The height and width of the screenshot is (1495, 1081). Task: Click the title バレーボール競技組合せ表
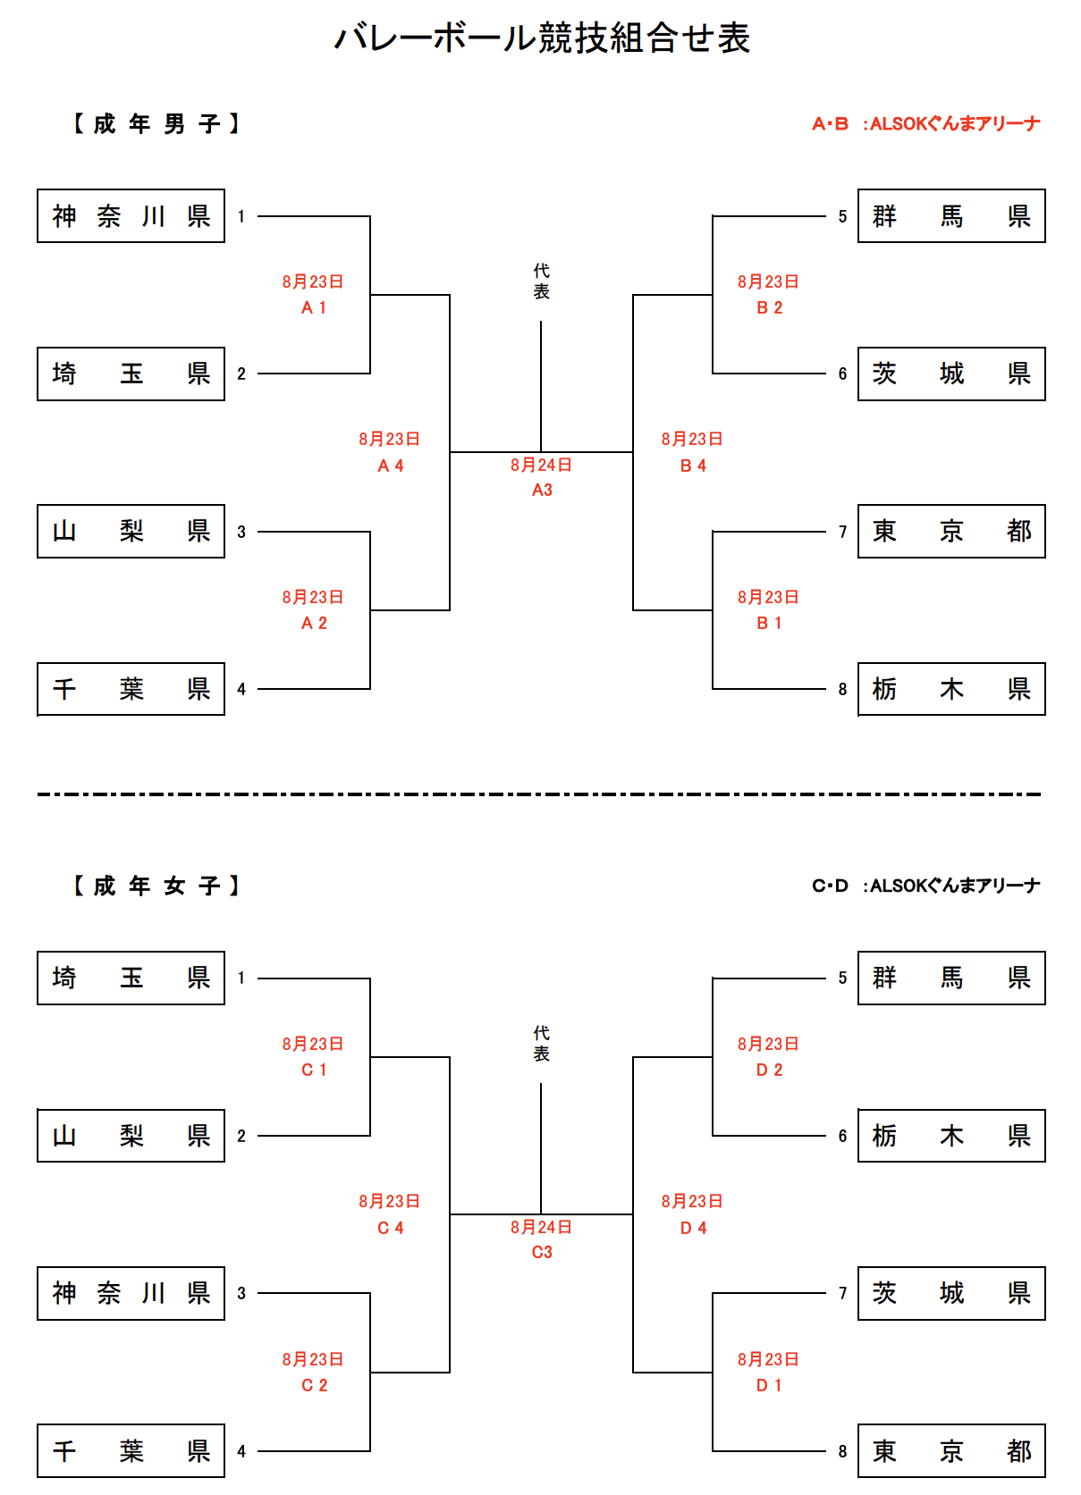click(x=542, y=38)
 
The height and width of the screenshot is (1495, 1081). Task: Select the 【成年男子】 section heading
click(x=156, y=123)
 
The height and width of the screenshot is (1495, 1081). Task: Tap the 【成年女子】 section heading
click(x=156, y=886)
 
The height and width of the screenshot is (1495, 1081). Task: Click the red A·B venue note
click(x=925, y=124)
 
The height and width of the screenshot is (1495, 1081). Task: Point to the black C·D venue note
click(x=925, y=886)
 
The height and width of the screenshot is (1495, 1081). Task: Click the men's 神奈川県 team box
click(x=131, y=216)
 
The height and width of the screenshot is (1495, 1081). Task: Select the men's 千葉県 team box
click(x=131, y=689)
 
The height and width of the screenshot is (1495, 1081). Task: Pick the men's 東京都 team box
click(x=951, y=532)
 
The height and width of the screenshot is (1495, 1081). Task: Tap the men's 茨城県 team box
click(x=951, y=374)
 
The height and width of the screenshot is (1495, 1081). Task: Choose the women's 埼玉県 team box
click(x=131, y=978)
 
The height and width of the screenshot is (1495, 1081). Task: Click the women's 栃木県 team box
click(x=951, y=1136)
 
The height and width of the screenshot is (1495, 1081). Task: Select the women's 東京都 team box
click(x=951, y=1451)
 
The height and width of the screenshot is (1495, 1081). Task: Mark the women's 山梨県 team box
click(x=131, y=1136)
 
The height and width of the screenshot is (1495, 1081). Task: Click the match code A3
click(x=542, y=490)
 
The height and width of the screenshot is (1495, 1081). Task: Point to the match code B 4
click(x=693, y=466)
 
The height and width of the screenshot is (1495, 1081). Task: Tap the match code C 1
click(x=314, y=1070)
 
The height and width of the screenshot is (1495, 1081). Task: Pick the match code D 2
click(x=769, y=1070)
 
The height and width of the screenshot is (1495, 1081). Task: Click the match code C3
click(x=542, y=1252)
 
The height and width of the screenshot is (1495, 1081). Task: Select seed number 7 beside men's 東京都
click(x=842, y=532)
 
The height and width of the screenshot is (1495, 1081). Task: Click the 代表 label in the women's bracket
click(x=542, y=1044)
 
